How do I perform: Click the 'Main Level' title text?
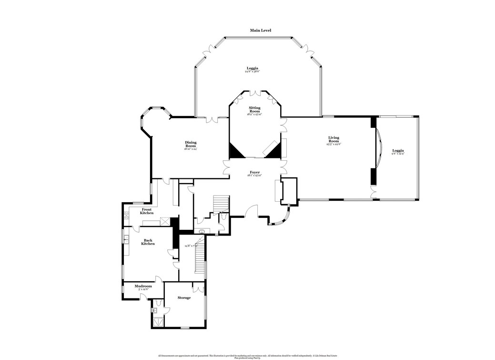click(x=261, y=30)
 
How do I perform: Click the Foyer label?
click(x=254, y=172)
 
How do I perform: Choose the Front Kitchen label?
click(x=147, y=211)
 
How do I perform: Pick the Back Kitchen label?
click(x=148, y=242)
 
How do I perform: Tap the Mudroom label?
click(x=143, y=286)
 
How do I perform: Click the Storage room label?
click(x=184, y=298)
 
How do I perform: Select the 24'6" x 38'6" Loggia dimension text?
click(x=252, y=72)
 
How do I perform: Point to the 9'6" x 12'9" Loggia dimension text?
click(x=397, y=154)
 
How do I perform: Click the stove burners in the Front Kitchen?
click(x=126, y=215)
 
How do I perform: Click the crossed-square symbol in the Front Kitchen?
click(x=165, y=220)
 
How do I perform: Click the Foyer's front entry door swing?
click(x=252, y=211)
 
